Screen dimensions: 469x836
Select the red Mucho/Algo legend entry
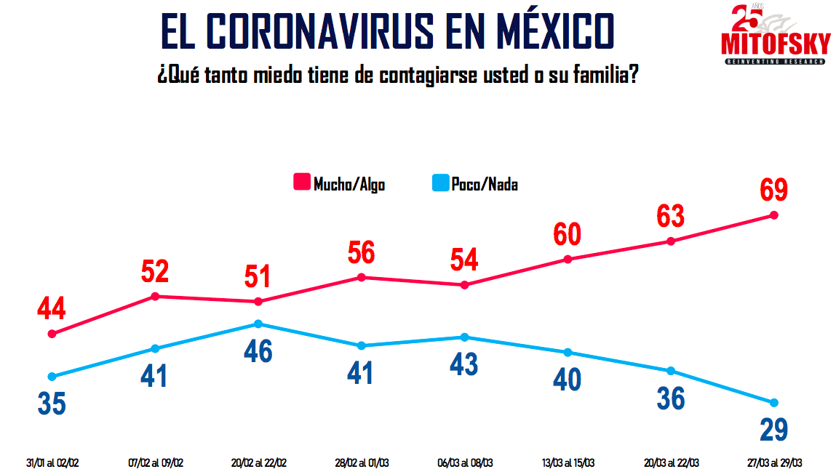click(x=339, y=183)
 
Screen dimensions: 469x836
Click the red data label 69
click(x=773, y=190)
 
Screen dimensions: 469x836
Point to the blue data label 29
click(x=773, y=429)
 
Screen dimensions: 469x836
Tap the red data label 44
click(x=52, y=308)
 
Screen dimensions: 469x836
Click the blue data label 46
click(x=258, y=350)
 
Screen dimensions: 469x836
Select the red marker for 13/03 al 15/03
click(x=568, y=259)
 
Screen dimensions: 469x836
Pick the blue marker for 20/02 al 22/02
click(x=258, y=324)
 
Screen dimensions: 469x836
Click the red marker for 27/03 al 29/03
click(x=773, y=215)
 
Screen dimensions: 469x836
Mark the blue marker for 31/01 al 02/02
click(x=52, y=377)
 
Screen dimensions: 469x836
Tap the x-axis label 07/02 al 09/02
click(x=155, y=462)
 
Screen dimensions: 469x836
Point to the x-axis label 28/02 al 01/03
click(x=361, y=462)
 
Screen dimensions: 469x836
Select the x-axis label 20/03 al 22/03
click(x=671, y=462)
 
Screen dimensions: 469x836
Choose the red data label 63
click(x=671, y=216)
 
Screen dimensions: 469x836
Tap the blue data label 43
click(x=464, y=364)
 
